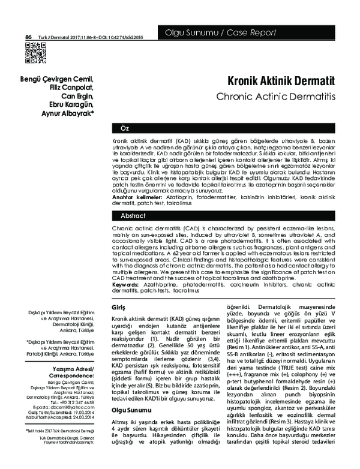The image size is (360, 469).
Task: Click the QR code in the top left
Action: (34, 54)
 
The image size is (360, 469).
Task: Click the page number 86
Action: (28, 37)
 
